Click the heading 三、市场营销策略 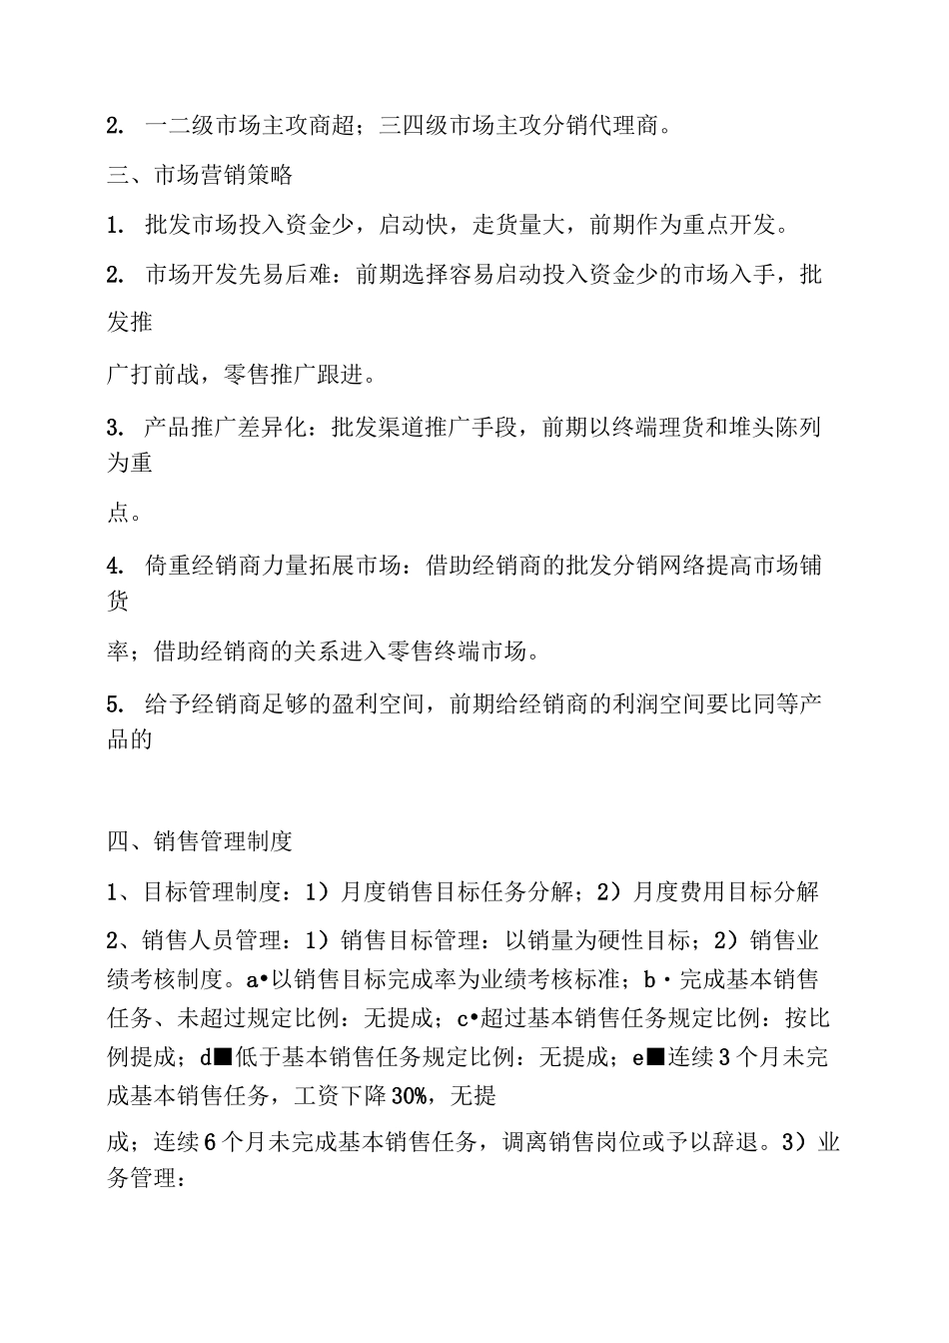(x=200, y=175)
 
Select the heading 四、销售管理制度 (x=200, y=841)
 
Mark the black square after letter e (x=655, y=1057)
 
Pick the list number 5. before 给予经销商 (x=115, y=705)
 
